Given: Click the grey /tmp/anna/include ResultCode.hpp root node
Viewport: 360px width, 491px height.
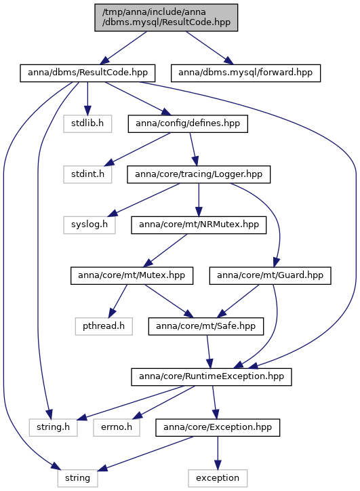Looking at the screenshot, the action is coord(166,18).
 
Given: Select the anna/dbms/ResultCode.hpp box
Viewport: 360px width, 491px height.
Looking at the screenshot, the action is coord(87,73).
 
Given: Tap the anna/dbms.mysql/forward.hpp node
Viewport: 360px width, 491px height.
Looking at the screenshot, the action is coord(245,73).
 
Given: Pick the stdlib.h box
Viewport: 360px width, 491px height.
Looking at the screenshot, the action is coord(87,123).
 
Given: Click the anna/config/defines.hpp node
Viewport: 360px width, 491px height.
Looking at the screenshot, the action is coord(188,123).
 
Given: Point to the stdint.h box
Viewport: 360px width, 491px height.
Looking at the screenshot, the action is coord(87,174).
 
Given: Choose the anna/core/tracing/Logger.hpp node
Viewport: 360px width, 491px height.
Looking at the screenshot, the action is coord(199,174).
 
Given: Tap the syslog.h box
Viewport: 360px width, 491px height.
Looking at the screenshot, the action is coord(89,225).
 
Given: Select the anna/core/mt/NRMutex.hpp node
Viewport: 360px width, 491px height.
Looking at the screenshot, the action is coord(199,225).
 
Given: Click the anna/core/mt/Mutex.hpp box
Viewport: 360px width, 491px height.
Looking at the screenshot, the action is coord(132,275).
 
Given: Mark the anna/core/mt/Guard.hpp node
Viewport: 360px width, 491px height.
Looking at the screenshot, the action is coord(270,275).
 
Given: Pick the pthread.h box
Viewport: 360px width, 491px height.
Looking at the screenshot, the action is coord(104,326).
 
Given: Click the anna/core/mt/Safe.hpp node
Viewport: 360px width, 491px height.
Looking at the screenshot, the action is coord(206,326).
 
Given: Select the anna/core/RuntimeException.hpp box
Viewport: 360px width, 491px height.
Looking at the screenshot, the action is coord(212,377).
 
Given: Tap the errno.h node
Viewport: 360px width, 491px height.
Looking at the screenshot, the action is coord(117,427).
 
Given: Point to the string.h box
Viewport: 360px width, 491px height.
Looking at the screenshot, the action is coord(53,427).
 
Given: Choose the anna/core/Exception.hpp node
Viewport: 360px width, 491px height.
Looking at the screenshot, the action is coord(218,427).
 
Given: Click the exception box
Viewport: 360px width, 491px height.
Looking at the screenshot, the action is coord(218,478).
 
